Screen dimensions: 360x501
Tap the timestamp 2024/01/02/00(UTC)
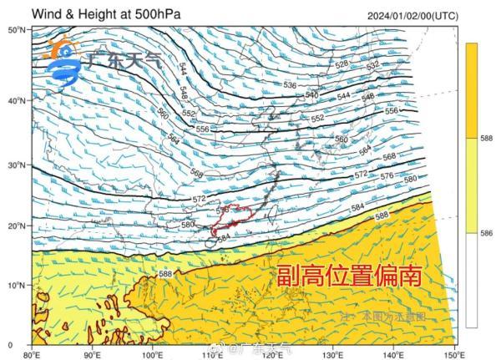pos(412,15)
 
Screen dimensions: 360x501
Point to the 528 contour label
pos(342,64)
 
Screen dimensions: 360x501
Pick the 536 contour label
pos(289,85)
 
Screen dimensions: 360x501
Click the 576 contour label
pos(387,176)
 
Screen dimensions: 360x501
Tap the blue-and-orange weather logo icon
pos(61,65)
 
